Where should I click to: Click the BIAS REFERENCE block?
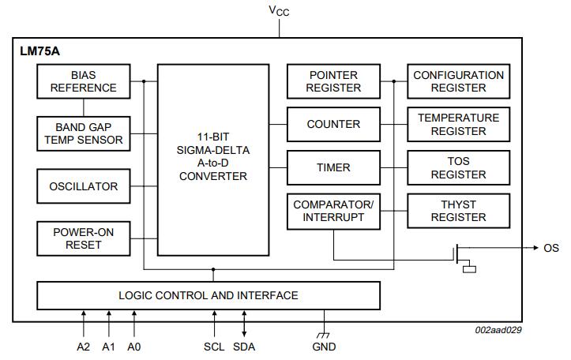83,81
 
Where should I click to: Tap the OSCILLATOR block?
83,186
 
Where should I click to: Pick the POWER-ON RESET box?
83,238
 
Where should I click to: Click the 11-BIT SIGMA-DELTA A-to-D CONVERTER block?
212,159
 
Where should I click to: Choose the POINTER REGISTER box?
332,81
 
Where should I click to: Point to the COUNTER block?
332,124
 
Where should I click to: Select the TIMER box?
332,167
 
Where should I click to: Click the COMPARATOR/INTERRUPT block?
332,211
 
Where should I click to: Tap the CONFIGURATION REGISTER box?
458,81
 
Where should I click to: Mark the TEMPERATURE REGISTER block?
458,124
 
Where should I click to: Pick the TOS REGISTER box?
458,167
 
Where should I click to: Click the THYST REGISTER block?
458,211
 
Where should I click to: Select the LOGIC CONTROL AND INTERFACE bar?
208,295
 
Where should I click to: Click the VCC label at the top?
278,10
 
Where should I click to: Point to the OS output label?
550,248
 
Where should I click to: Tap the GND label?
324,347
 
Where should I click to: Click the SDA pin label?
244,347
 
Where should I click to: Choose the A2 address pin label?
84,347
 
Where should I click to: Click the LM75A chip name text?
39,51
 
